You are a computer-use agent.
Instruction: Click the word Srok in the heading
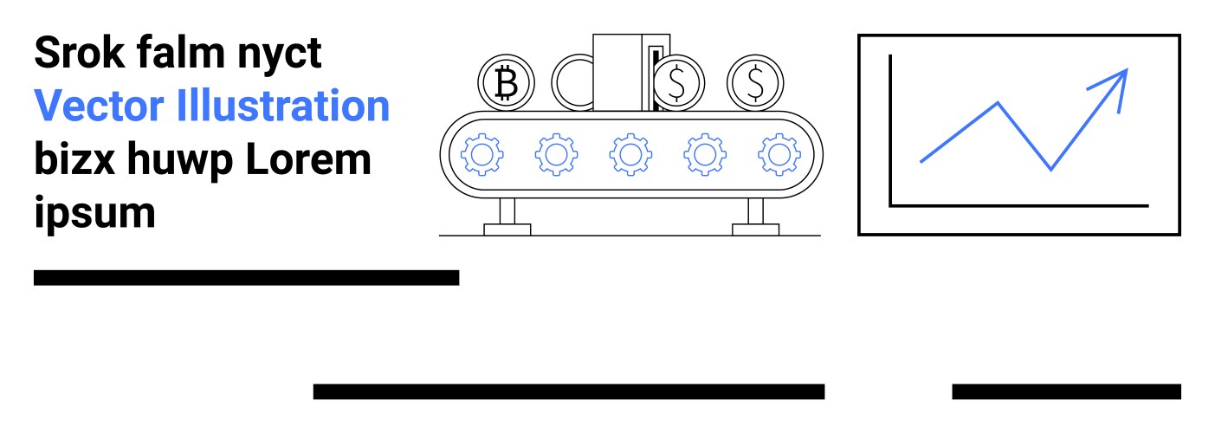pos(80,52)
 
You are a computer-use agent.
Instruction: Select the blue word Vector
pos(99,106)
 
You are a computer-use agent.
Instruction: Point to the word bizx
pos(74,158)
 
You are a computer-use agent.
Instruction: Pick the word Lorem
pos(308,159)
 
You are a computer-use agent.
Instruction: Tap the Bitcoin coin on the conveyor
pos(506,83)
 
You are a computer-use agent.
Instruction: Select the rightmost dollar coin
pos(755,83)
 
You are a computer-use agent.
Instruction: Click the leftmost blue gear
pos(481,155)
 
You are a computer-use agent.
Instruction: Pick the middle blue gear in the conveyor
pos(630,155)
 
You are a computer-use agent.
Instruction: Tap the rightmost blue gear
pos(779,155)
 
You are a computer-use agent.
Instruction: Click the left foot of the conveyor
pos(507,229)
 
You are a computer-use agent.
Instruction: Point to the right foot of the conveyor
pos(755,229)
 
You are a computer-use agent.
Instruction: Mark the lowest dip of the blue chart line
pos(1051,169)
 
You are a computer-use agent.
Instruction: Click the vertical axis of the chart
pos(890,130)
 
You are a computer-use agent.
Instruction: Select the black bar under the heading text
pos(246,277)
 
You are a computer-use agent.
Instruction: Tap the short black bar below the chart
pos(1066,391)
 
